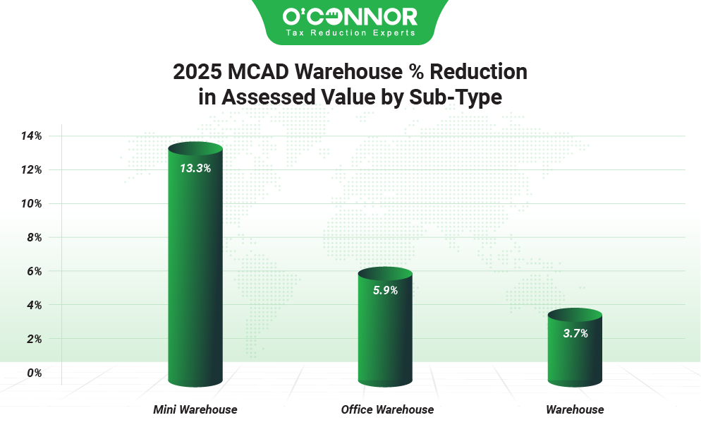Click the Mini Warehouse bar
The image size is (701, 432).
[195, 268]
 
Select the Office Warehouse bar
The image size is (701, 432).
[384, 332]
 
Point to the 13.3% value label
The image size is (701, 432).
[195, 169]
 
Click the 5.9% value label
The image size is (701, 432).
[385, 290]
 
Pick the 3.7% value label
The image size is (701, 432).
[575, 333]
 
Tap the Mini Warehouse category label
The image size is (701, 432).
[195, 409]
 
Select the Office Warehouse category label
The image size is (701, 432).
[387, 409]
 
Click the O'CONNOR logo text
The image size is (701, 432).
[350, 16]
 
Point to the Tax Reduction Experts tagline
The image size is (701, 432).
[350, 33]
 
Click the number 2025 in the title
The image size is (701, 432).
[197, 72]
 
